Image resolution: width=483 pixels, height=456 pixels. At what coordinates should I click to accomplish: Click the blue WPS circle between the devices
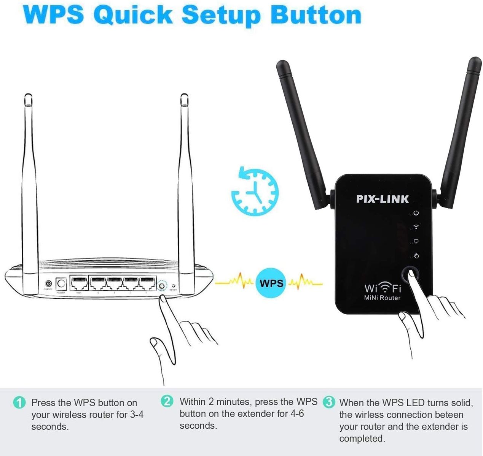click(x=271, y=283)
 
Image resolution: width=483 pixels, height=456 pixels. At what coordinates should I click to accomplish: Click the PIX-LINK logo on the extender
click(x=383, y=199)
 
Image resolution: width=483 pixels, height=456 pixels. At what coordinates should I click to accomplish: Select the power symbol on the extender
click(x=416, y=213)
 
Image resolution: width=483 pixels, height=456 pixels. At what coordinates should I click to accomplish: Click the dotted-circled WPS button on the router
click(x=162, y=285)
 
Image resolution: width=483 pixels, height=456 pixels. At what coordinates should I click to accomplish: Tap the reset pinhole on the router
click(x=174, y=286)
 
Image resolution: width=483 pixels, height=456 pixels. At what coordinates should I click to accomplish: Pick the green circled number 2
click(x=167, y=401)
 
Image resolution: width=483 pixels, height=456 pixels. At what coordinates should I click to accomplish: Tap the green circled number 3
click(x=329, y=402)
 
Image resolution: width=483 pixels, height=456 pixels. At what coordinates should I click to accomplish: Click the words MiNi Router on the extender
click(x=382, y=298)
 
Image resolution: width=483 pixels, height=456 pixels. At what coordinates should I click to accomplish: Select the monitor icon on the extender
click(x=416, y=241)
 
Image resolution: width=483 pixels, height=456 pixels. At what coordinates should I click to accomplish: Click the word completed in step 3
click(x=362, y=439)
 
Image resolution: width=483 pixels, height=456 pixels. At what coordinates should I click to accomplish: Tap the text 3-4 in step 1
click(x=137, y=415)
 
